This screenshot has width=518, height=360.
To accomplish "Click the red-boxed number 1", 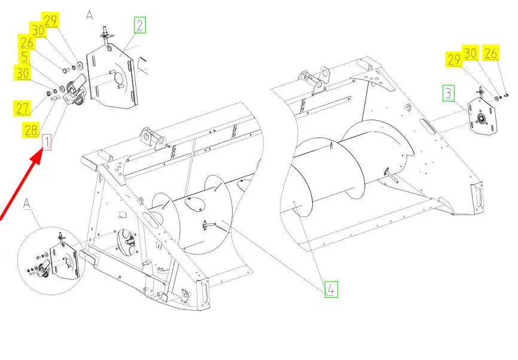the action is point(47,142).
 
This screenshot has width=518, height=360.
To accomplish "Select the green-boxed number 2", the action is point(140,25).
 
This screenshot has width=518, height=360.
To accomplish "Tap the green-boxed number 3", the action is point(448,93).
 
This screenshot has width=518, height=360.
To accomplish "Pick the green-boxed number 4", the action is point(331,289).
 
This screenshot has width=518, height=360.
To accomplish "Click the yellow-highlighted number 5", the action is point(25,57).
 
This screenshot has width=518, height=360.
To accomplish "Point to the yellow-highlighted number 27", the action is point(23,108).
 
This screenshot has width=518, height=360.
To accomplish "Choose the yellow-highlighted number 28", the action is point(31,130).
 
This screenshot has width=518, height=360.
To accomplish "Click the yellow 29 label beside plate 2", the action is point(51,20).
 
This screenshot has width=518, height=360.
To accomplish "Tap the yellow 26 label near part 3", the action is point(491,53).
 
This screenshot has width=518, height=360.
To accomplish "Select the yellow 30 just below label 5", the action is point(23,73).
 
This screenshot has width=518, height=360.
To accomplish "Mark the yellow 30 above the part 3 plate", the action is point(470,53).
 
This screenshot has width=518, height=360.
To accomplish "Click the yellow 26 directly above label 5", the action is point(27,42).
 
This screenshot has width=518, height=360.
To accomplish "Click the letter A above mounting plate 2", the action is point(89,15).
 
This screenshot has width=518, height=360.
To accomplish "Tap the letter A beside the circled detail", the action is point(27,204).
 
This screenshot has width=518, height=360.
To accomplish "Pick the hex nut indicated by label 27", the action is point(50,91).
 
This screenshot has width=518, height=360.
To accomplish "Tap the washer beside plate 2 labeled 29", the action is point(80,64).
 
